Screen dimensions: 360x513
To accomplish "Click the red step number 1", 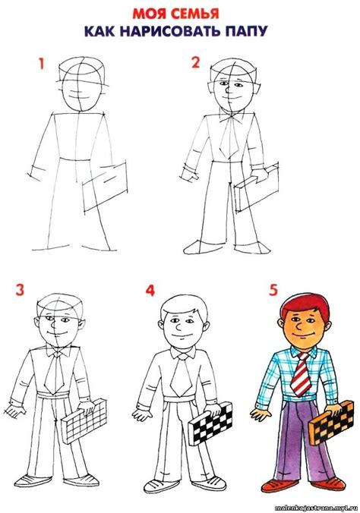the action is pyautogui.click(x=41, y=64).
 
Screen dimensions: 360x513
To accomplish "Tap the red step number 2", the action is pyautogui.click(x=195, y=62).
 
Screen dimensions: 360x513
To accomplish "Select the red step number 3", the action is pyautogui.click(x=20, y=290).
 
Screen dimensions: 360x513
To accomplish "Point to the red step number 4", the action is pyautogui.click(x=150, y=290).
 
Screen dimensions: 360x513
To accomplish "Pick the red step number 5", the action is pyautogui.click(x=274, y=290).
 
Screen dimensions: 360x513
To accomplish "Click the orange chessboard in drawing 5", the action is pyautogui.click(x=331, y=423).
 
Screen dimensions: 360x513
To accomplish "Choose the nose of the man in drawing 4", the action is pyautogui.click(x=178, y=327).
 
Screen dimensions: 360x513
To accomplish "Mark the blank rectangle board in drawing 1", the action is pyautogui.click(x=104, y=187).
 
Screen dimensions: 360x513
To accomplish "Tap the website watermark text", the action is pyautogui.click(x=317, y=508).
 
